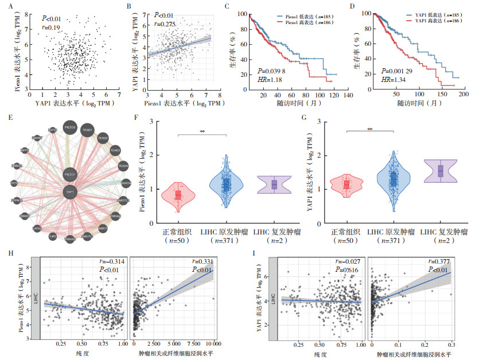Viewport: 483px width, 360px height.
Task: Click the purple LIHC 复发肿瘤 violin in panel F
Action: click(275, 184)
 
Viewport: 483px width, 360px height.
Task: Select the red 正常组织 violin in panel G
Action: click(347, 185)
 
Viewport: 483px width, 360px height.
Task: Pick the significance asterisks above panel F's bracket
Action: click(202, 131)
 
